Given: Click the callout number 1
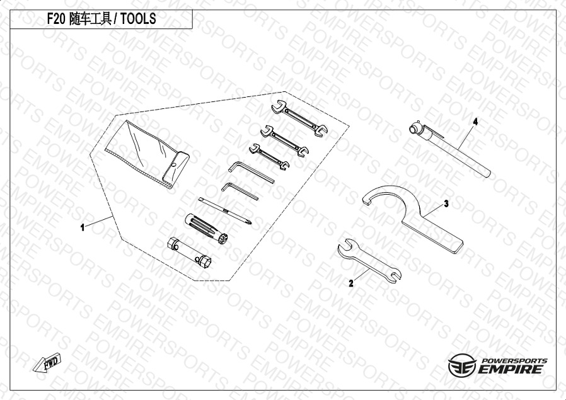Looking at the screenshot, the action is tap(83, 227).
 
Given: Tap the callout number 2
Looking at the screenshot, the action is tap(351, 283).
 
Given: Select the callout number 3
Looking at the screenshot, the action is tap(446, 204).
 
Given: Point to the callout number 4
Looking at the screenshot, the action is tap(475, 122).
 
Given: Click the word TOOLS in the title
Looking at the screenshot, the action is tap(138, 18).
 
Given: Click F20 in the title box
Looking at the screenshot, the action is tap(56, 18).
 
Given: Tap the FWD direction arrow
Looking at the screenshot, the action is tap(47, 362).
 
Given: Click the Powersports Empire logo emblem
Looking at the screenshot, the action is tap(462, 365).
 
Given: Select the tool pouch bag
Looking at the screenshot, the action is tap(147, 154).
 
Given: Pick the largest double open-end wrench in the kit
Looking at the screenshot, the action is tap(299, 118).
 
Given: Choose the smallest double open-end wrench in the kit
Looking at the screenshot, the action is tap(269, 157).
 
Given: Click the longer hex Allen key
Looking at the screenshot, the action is tap(251, 172).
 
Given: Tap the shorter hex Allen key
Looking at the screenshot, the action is tap(240, 191).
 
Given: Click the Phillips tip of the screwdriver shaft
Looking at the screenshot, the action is tap(249, 221).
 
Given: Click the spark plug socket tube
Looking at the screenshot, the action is tap(190, 252).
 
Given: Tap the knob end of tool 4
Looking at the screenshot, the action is tap(415, 129).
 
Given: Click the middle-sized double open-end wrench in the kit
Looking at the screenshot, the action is tap(284, 141).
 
